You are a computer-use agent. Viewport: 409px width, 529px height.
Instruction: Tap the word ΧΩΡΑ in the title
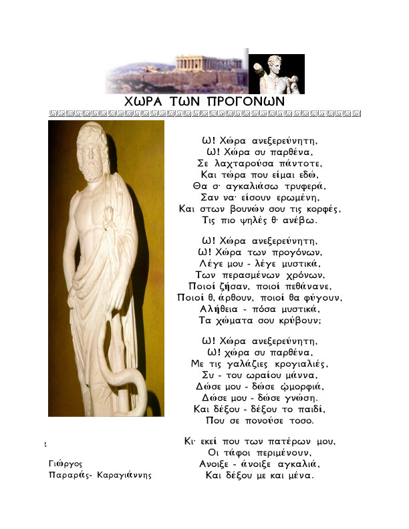point(147,100)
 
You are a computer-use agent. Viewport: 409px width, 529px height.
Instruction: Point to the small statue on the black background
point(275,73)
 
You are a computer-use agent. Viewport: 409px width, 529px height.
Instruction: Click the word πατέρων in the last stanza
point(295,442)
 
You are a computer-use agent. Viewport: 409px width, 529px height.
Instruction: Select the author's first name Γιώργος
point(65,463)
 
